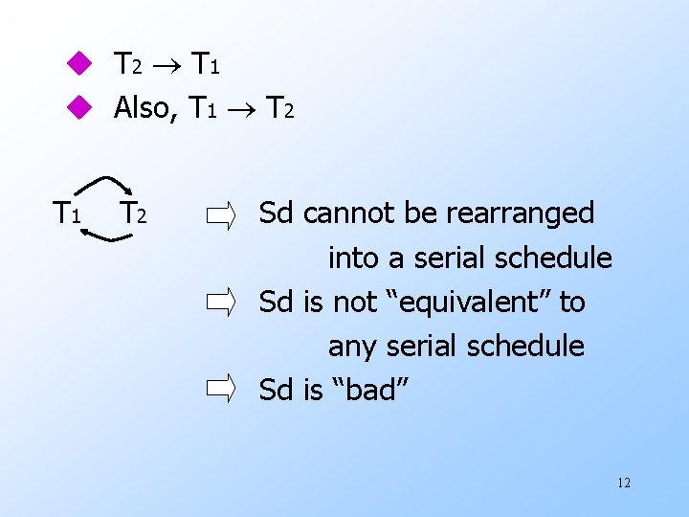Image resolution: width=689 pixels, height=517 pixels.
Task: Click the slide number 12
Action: [624, 483]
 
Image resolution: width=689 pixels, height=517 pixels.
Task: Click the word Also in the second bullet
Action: [144, 108]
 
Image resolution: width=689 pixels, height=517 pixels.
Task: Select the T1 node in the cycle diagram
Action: [66, 213]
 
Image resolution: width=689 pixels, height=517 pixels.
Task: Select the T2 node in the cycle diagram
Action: [133, 213]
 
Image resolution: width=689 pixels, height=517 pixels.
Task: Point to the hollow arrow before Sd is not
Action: [221, 303]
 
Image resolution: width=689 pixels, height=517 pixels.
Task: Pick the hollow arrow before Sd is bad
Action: [221, 390]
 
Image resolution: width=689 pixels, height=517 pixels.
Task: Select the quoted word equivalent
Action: [459, 303]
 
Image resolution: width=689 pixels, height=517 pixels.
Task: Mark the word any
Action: [351, 346]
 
